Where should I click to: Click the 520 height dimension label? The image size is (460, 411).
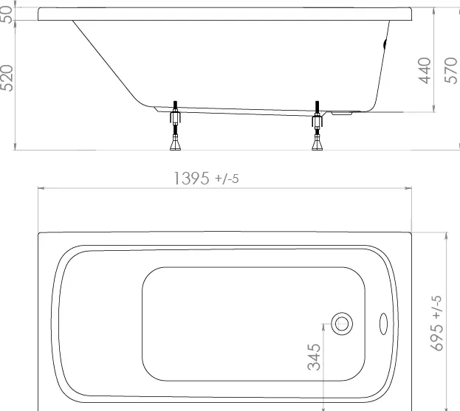[7, 78]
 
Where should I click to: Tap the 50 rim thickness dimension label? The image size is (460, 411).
[7, 15]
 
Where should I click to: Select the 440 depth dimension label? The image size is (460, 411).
[425, 71]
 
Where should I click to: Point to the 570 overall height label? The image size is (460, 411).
[451, 71]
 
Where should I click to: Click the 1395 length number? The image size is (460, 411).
[191, 179]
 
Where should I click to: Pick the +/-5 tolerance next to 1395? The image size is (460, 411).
[227, 179]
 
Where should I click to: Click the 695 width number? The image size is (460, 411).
[437, 337]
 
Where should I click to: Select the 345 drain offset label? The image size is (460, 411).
[314, 357]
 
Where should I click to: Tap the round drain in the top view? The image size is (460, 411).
[342, 324]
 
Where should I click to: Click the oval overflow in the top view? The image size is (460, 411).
[383, 324]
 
